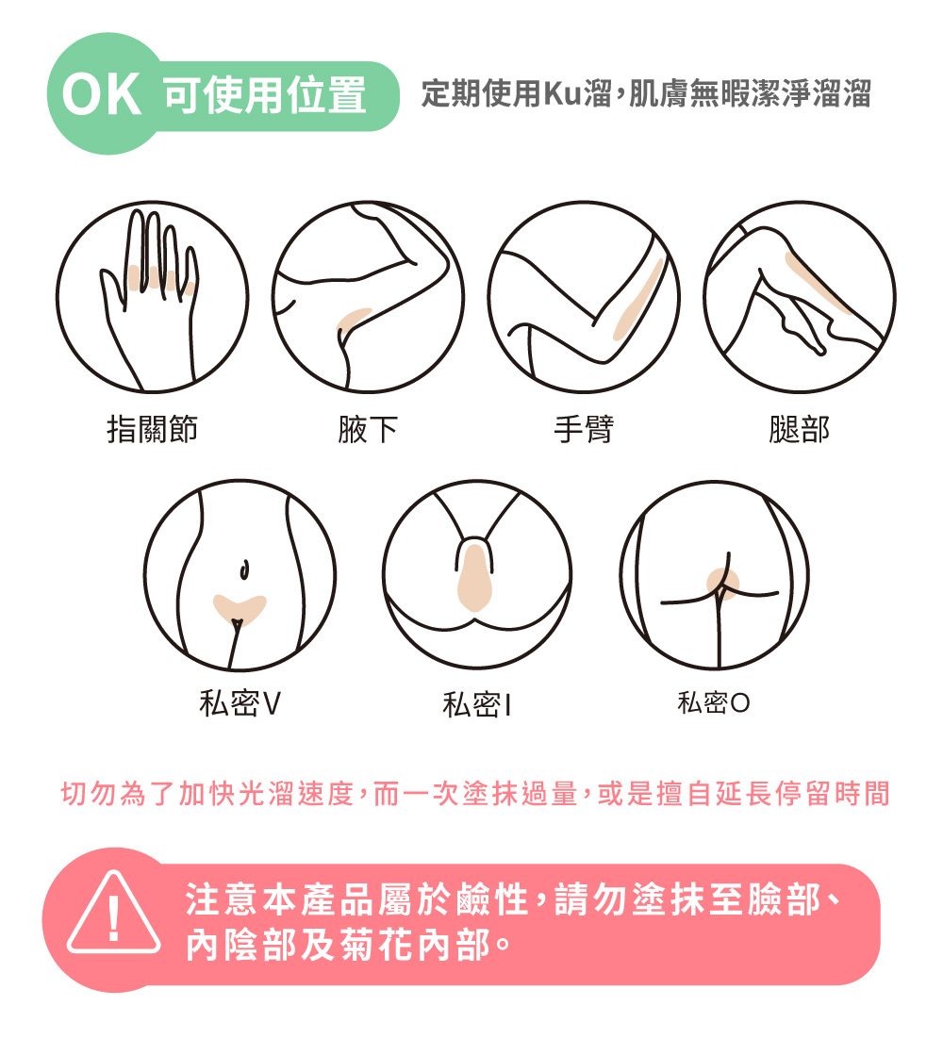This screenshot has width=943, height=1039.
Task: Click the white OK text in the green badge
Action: pos(102,95)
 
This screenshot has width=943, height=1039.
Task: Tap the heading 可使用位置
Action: pos(265,95)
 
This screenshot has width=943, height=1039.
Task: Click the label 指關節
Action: pos(153,429)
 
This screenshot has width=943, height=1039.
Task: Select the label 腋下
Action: pos(368,429)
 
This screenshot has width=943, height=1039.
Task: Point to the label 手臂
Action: pos(584,429)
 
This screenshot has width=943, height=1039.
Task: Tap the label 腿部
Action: pos(800,429)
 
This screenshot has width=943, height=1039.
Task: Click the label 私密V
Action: pos(240,703)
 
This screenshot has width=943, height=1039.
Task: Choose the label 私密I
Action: pos(477,703)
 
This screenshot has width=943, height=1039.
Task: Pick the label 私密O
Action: pos(714,701)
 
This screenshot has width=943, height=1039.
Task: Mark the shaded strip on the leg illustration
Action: pos(817,282)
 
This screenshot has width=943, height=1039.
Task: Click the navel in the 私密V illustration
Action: pos(244,569)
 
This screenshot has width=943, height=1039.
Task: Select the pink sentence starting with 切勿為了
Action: pos(475,793)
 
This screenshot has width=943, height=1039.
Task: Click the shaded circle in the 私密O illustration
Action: pos(722,584)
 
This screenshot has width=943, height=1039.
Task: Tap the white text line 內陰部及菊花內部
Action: pos(349,944)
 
